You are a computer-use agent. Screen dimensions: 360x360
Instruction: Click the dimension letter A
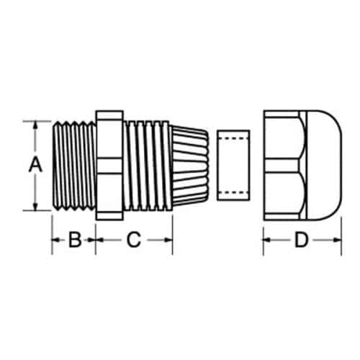point(35,165)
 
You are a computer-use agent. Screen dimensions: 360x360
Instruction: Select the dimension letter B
point(75,239)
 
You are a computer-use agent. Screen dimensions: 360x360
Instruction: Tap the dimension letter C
point(134,239)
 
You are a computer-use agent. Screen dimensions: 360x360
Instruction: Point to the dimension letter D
point(301,239)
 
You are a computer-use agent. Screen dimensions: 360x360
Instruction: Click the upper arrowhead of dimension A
point(35,125)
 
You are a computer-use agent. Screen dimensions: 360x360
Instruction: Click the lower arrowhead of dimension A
point(35,207)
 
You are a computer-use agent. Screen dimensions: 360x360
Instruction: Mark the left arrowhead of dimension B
point(56,240)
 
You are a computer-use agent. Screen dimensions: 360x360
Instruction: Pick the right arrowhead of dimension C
point(168,240)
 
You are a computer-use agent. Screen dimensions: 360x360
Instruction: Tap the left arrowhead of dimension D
point(267,240)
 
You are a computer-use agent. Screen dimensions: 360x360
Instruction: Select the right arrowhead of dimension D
point(337,240)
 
